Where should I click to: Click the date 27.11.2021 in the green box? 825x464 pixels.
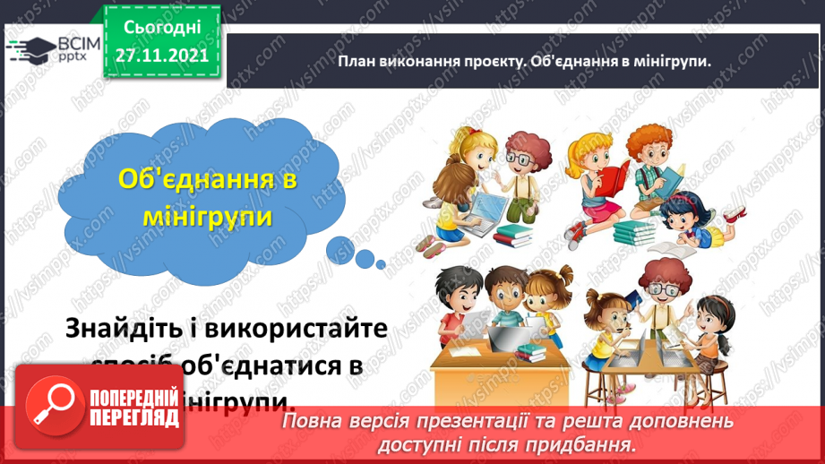[161, 55]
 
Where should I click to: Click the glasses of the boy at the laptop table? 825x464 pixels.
[661, 291]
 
